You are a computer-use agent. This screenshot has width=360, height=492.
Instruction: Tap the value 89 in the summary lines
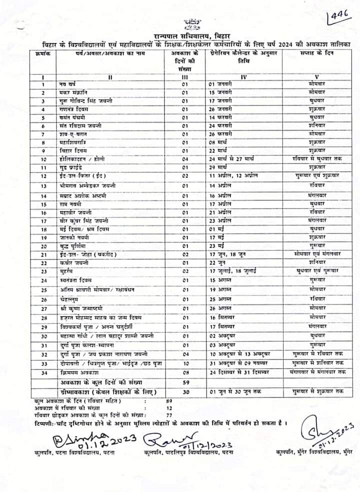168,400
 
